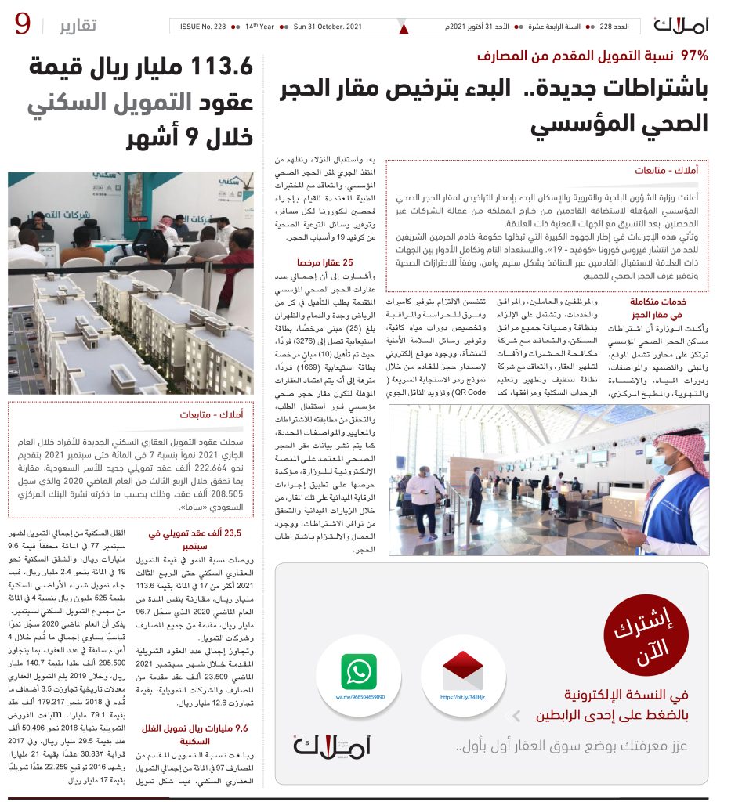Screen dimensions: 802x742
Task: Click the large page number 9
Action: coord(23,26)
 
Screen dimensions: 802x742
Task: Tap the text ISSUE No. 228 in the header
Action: coord(204,27)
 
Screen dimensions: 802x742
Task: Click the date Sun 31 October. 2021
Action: coord(328,27)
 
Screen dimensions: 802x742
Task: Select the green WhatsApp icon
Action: coord(358,672)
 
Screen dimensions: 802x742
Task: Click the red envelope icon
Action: coord(462,670)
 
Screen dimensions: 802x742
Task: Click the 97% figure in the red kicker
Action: coord(694,56)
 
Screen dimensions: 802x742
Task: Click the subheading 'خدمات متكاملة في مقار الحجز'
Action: coord(659,307)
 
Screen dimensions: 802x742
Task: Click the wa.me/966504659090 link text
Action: coord(360,696)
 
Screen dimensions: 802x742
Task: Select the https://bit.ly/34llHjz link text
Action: coord(463,696)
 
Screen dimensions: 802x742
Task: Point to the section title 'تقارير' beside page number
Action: coord(78,26)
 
